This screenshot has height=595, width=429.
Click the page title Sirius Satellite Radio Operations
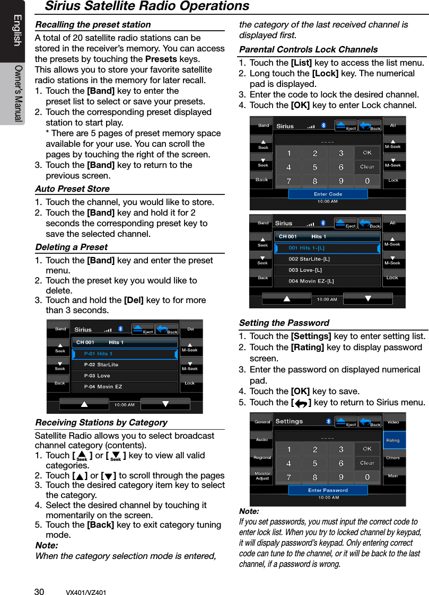[x=147, y=6]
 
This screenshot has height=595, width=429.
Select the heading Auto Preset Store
[x=72, y=189]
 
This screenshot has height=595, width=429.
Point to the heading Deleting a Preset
[x=71, y=247]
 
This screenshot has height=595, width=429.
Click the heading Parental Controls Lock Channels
[x=309, y=49]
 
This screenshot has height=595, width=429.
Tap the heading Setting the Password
[x=284, y=323]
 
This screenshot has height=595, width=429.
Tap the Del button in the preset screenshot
[x=190, y=329]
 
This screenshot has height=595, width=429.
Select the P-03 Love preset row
[x=125, y=376]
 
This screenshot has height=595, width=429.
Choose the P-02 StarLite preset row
[x=125, y=365]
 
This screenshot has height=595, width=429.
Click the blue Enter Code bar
[x=328, y=194]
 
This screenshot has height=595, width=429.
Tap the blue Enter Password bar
[x=328, y=490]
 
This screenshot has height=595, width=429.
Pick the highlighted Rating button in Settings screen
[x=393, y=440]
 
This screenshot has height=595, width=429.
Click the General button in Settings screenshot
[x=262, y=422]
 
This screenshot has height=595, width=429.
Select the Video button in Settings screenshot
[x=393, y=422]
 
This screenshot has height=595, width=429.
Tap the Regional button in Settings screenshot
[x=262, y=458]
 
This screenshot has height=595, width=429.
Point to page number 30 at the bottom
[x=39, y=592]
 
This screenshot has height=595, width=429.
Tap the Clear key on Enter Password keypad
[x=367, y=463]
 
